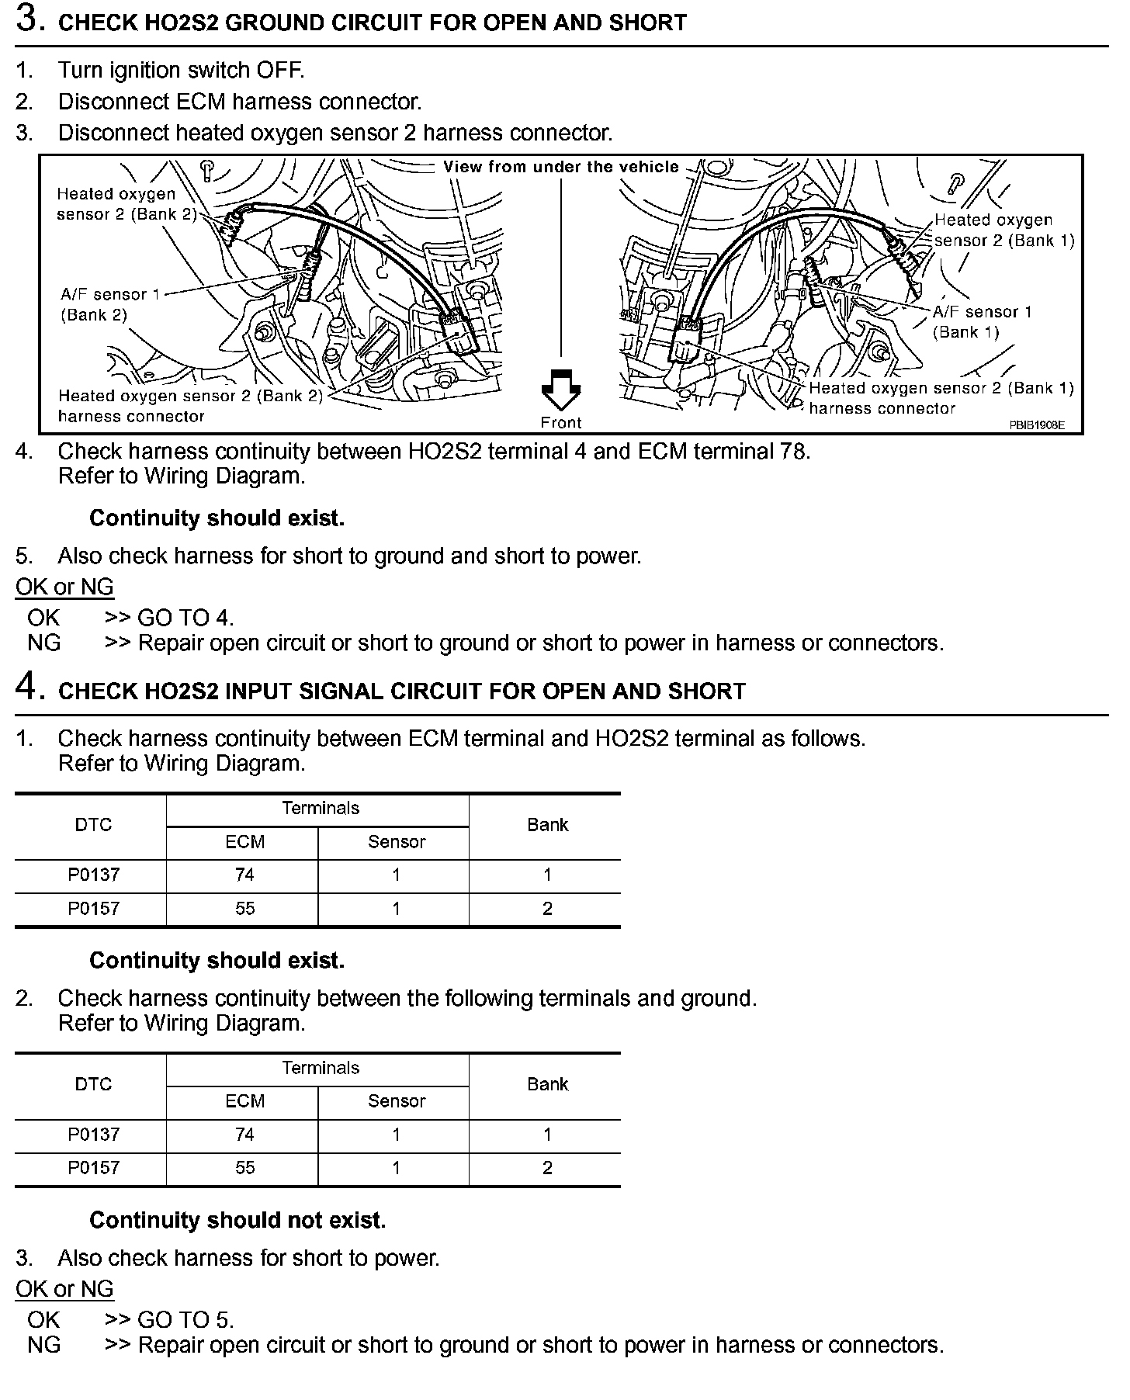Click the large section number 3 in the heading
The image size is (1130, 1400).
(x=28, y=19)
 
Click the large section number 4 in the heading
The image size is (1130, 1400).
(x=28, y=688)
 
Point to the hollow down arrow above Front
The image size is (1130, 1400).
(x=560, y=390)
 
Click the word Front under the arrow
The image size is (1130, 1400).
(x=560, y=423)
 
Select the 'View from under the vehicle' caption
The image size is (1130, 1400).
(x=560, y=167)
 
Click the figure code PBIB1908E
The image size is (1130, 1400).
(x=1036, y=425)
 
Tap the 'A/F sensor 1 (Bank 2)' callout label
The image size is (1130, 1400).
(x=103, y=304)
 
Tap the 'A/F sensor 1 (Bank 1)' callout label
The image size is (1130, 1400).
(x=982, y=321)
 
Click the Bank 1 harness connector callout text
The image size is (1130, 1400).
(x=941, y=398)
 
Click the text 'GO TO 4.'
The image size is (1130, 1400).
(x=185, y=619)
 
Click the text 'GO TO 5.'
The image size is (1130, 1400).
(x=185, y=1320)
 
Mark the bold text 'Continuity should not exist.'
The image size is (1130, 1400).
(x=237, y=1220)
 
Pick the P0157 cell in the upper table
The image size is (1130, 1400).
(x=93, y=909)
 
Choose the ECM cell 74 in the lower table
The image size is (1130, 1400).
(x=244, y=1135)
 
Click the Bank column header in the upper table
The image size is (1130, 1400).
(x=547, y=825)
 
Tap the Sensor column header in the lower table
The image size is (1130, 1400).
(x=396, y=1101)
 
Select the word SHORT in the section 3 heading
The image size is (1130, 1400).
(x=650, y=23)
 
